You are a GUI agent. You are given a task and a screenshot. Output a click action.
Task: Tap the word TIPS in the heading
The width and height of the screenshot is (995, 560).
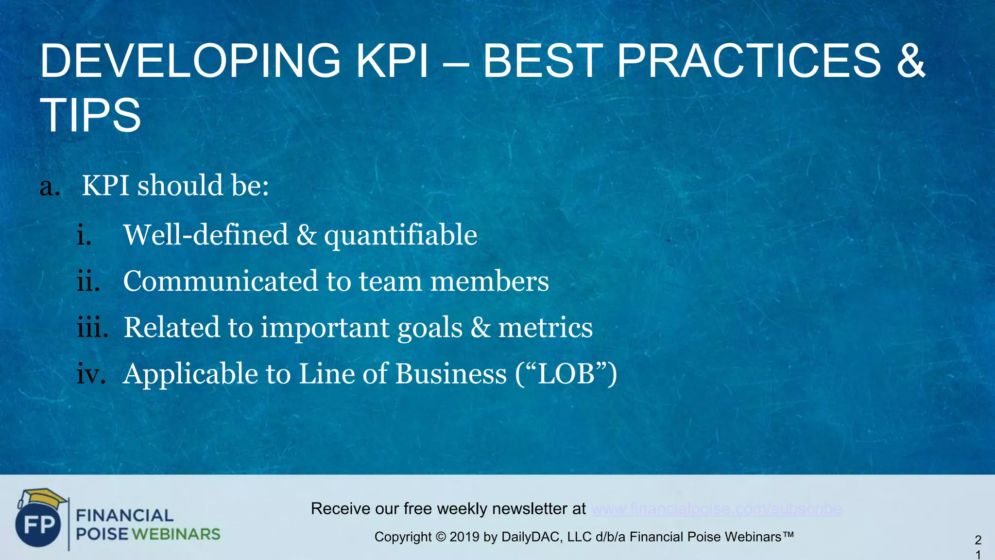[90, 115]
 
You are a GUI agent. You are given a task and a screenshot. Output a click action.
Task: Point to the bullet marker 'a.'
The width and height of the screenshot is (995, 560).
[50, 187]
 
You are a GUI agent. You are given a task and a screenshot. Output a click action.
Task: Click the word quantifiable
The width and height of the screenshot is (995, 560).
[400, 236]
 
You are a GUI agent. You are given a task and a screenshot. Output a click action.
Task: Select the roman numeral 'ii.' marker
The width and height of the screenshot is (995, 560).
[88, 281]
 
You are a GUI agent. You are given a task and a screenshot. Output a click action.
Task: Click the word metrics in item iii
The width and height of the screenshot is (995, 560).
[545, 328]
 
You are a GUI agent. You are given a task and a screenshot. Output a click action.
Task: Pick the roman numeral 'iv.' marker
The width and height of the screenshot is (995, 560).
[91, 374]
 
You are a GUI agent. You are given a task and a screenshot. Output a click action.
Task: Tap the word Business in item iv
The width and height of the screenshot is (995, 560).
[450, 374]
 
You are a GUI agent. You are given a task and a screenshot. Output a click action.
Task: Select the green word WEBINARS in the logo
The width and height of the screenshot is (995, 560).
[176, 534]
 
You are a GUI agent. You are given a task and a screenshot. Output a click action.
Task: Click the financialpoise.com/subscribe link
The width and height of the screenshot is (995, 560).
[716, 509]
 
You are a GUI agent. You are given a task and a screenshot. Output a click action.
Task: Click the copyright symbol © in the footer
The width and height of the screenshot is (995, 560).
[440, 537]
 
